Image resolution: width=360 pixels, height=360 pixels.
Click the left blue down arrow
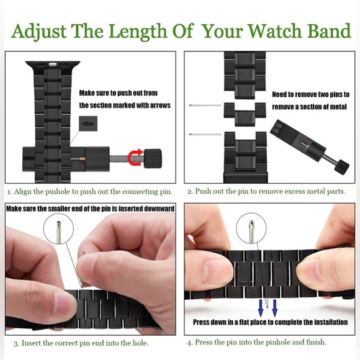click(x=261, y=307)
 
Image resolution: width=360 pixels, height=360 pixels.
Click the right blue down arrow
click(x=275, y=307)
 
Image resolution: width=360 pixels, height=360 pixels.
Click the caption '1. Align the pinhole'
click(x=90, y=192)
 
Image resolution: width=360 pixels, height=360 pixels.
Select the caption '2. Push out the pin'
click(x=266, y=192)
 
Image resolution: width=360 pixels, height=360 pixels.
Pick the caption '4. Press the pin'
click(x=256, y=342)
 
